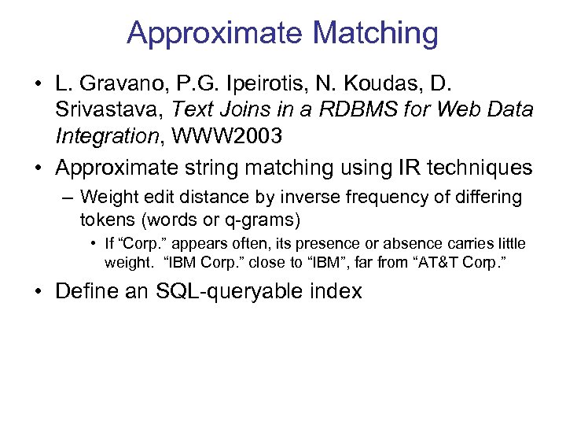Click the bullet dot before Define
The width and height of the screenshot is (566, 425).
pyautogui.click(x=38, y=292)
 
